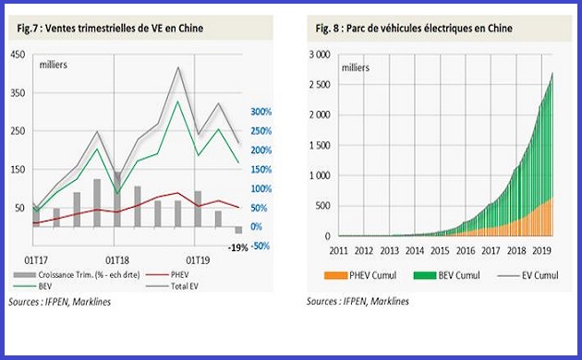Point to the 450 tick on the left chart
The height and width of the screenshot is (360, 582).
[x=18, y=54]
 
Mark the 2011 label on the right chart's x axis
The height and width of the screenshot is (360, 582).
[x=338, y=249]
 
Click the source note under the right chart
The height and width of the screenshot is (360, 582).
[x=358, y=301]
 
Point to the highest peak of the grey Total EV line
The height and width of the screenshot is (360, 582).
[x=177, y=67]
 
